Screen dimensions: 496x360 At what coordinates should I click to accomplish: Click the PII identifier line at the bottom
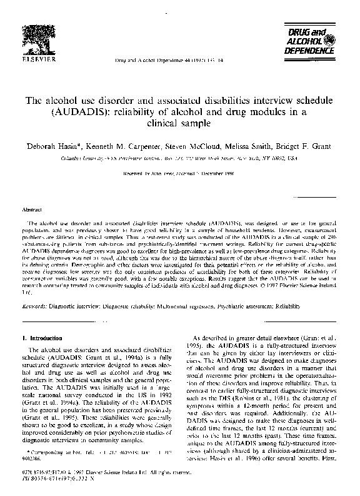(x=54, y=484)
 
